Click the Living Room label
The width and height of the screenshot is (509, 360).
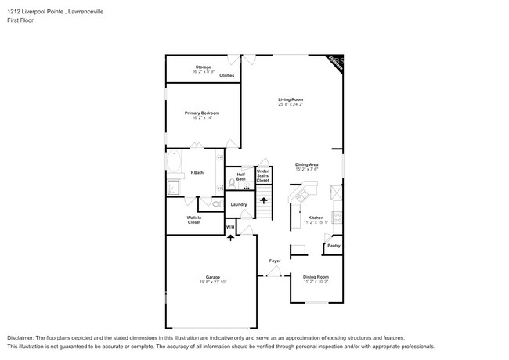point(291,99)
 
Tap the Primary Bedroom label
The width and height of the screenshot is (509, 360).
point(202,113)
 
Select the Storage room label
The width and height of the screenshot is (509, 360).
point(202,67)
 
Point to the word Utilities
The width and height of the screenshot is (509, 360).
point(226,75)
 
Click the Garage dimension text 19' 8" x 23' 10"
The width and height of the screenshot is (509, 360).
point(212,282)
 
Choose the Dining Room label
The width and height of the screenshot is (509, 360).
point(316,277)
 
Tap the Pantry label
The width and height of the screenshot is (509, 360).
point(334,246)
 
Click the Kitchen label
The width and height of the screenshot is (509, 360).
point(316,218)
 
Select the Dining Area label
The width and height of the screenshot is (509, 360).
point(306,164)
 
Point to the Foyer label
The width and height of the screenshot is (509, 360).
point(275,261)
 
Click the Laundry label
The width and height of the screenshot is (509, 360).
point(239,205)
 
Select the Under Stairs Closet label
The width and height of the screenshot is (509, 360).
point(263,175)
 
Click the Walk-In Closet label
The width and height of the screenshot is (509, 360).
point(193,220)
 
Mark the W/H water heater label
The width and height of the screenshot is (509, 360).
point(230,227)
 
